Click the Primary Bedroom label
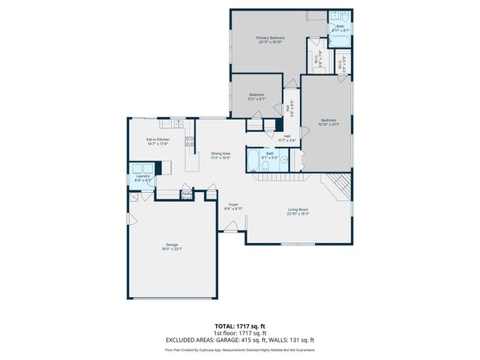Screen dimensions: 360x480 [271, 37]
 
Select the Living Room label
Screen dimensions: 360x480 [298, 209]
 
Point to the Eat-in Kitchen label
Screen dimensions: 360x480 [157, 139]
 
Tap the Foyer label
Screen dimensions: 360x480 [234, 203]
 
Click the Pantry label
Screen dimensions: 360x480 [186, 193]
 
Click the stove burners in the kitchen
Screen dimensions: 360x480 [190, 141]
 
